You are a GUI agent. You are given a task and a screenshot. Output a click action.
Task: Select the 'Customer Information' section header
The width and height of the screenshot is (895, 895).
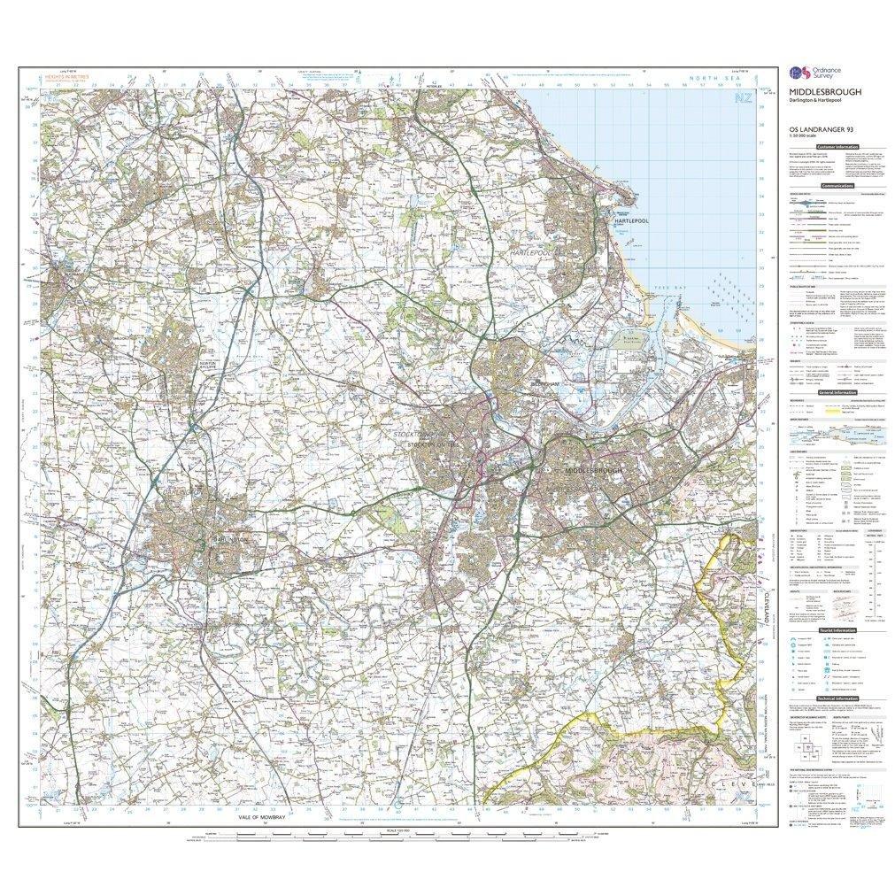(837, 147)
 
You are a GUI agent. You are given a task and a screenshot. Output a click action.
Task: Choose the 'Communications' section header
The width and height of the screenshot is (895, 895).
(837, 186)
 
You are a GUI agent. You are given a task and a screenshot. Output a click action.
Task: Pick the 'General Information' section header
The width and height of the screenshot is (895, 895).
(837, 391)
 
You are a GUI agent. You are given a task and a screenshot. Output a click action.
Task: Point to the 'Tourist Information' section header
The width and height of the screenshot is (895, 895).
(837, 629)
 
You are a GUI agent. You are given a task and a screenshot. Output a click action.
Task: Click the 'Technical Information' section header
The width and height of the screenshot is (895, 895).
(837, 698)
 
